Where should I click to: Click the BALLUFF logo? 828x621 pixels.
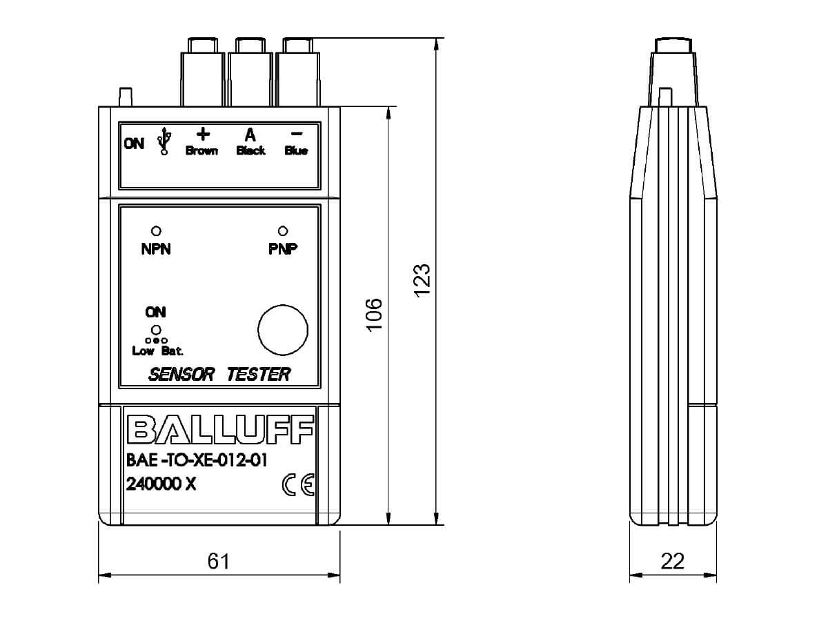[220, 430]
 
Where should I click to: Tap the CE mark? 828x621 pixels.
[298, 484]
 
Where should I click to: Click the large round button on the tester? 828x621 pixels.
[283, 330]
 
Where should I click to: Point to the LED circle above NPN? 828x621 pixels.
[156, 230]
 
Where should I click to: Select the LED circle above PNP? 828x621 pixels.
[282, 230]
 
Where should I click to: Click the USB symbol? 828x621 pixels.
[164, 141]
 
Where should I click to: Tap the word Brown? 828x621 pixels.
[201, 151]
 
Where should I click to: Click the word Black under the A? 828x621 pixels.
[251, 151]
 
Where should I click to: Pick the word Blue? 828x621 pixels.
[296, 151]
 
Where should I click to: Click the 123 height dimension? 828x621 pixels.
[422, 281]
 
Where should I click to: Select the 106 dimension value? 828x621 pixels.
[375, 315]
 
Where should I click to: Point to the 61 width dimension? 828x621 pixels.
[219, 561]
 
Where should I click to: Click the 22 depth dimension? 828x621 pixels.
[673, 561]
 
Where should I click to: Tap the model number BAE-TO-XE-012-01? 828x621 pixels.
[197, 460]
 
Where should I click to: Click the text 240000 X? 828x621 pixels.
[161, 484]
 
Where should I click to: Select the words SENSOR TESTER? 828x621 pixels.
[219, 375]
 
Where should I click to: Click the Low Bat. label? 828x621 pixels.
[158, 351]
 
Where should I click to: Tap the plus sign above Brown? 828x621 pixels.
[204, 134]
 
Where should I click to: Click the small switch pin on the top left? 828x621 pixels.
[126, 97]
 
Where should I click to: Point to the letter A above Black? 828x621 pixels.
[250, 135]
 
